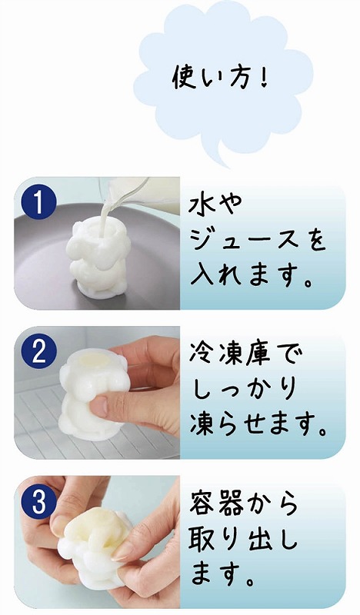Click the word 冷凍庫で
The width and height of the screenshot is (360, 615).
pos(246,356)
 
